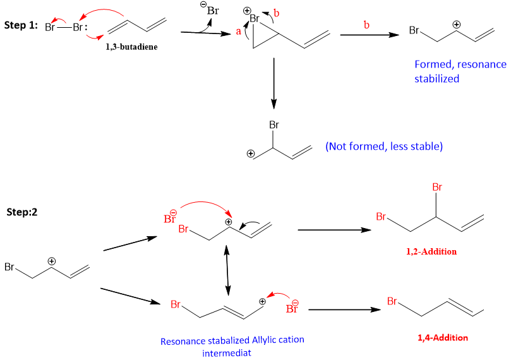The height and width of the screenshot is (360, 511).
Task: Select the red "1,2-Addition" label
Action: pos(432,251)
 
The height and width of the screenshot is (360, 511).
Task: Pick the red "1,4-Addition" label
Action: pos(443,337)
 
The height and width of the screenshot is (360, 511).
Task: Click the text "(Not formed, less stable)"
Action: pos(384,147)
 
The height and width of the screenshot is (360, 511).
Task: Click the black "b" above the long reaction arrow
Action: pos(367,24)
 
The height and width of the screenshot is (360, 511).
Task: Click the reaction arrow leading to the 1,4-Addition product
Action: pos(345,309)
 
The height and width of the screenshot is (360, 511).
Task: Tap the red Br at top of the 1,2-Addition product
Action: pos(435,188)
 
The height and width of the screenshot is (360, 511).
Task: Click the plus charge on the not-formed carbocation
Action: pos(251,153)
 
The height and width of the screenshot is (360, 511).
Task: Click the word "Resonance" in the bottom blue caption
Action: pos(183,340)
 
